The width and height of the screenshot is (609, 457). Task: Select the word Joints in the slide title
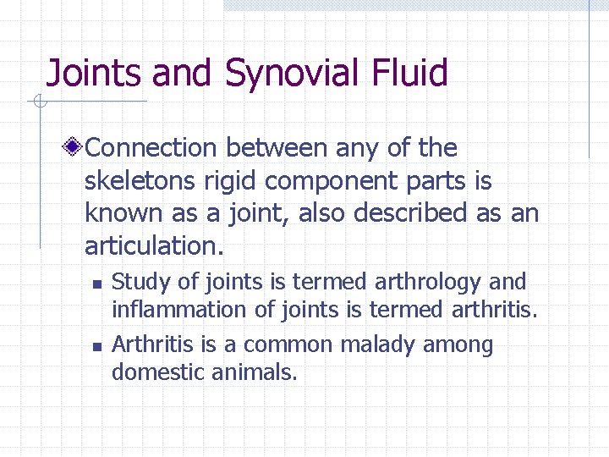click(95, 74)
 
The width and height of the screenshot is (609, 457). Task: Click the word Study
click(136, 282)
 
